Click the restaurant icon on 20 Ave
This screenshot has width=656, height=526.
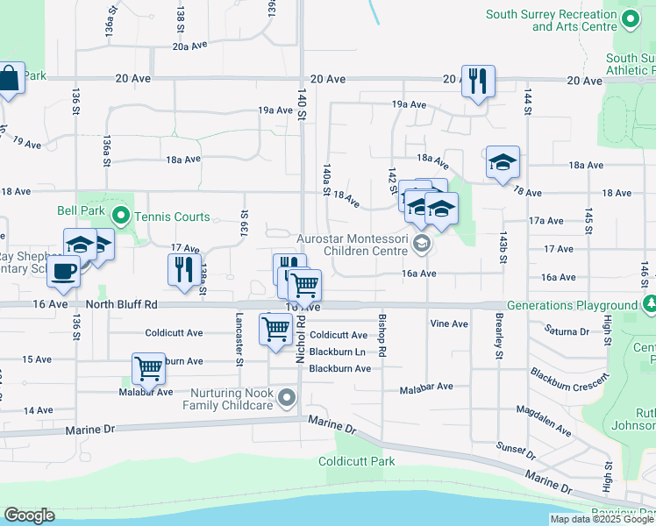[x=478, y=82]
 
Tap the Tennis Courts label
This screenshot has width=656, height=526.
[x=171, y=217]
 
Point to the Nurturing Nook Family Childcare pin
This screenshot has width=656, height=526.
[x=287, y=400]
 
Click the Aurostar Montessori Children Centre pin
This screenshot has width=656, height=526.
[x=423, y=243]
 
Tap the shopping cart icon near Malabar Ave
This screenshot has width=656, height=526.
[x=148, y=367]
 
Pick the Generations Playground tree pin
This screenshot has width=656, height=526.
[x=650, y=305]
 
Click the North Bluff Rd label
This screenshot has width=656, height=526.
[x=121, y=304]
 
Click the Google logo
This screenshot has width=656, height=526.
[x=29, y=515]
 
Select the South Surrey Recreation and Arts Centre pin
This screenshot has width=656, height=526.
[x=629, y=19]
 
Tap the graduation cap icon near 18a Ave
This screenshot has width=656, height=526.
[x=503, y=162]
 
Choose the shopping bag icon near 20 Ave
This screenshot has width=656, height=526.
[x=9, y=80]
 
